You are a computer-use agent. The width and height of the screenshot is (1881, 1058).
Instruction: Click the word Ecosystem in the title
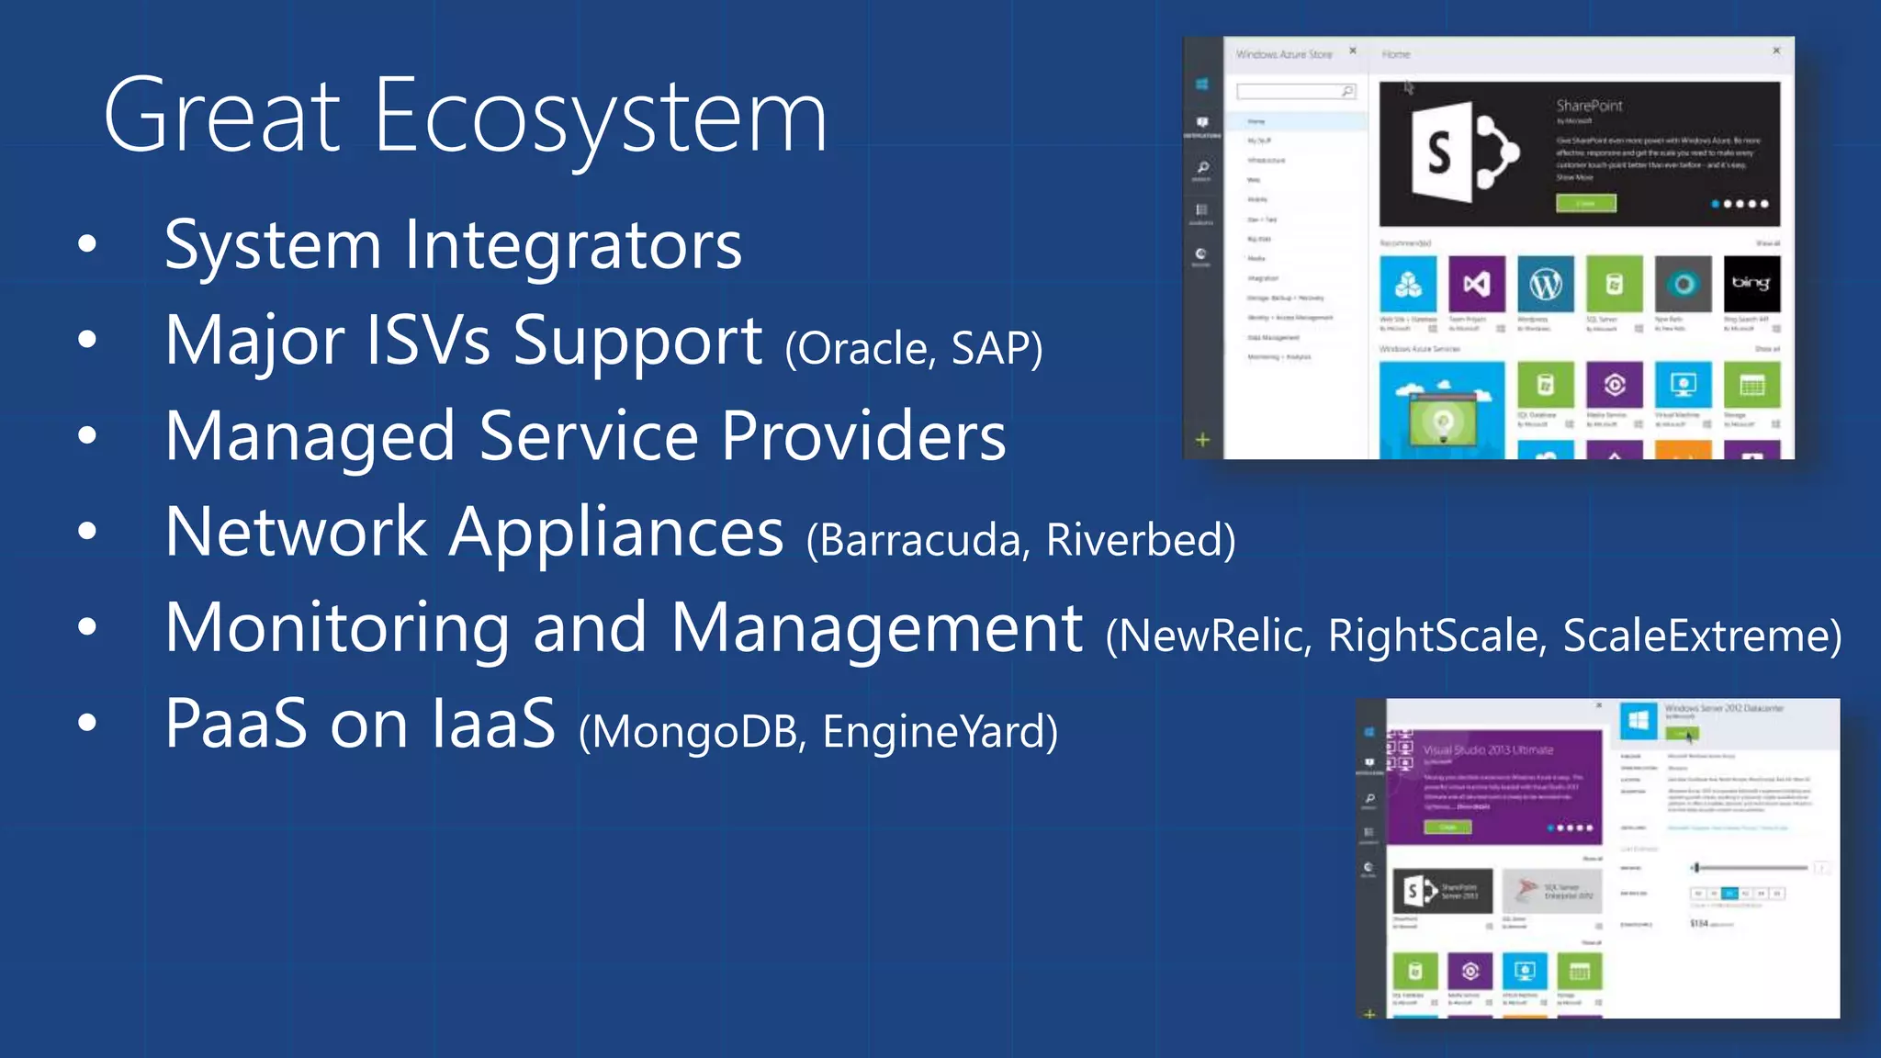click(602, 118)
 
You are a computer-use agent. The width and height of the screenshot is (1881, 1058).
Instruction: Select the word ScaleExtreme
click(1699, 636)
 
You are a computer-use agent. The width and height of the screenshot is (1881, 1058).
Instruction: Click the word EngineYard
click(937, 732)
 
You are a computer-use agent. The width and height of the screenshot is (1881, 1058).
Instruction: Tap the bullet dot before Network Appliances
click(87, 531)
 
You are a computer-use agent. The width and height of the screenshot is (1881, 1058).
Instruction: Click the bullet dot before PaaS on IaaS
click(87, 723)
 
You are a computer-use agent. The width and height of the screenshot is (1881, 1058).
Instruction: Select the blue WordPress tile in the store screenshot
click(1546, 285)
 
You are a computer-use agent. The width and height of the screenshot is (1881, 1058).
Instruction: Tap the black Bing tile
click(1751, 284)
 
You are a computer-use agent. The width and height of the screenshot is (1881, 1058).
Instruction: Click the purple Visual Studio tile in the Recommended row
click(1477, 285)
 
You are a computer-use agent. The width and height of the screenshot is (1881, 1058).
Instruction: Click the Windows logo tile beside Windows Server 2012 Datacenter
click(1638, 721)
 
